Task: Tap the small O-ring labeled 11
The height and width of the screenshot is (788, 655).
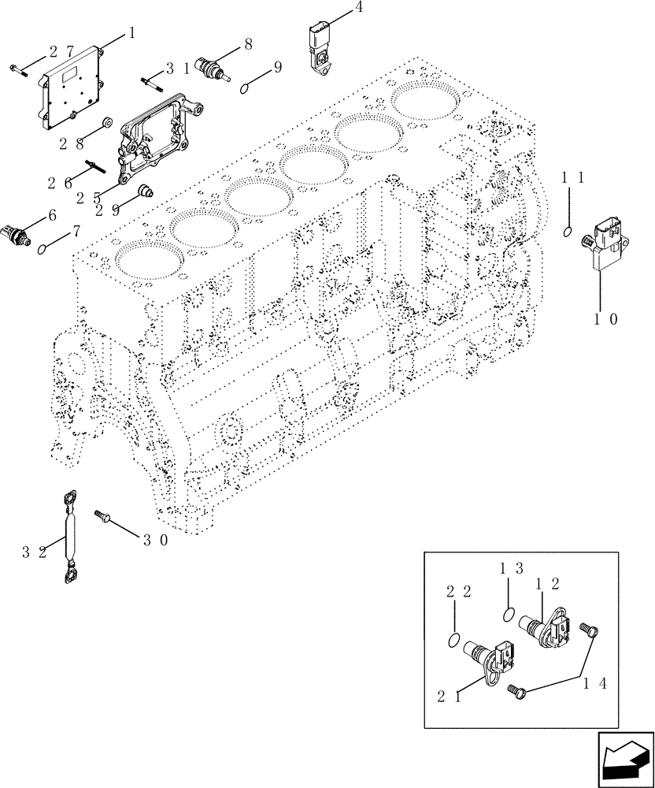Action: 567,231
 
